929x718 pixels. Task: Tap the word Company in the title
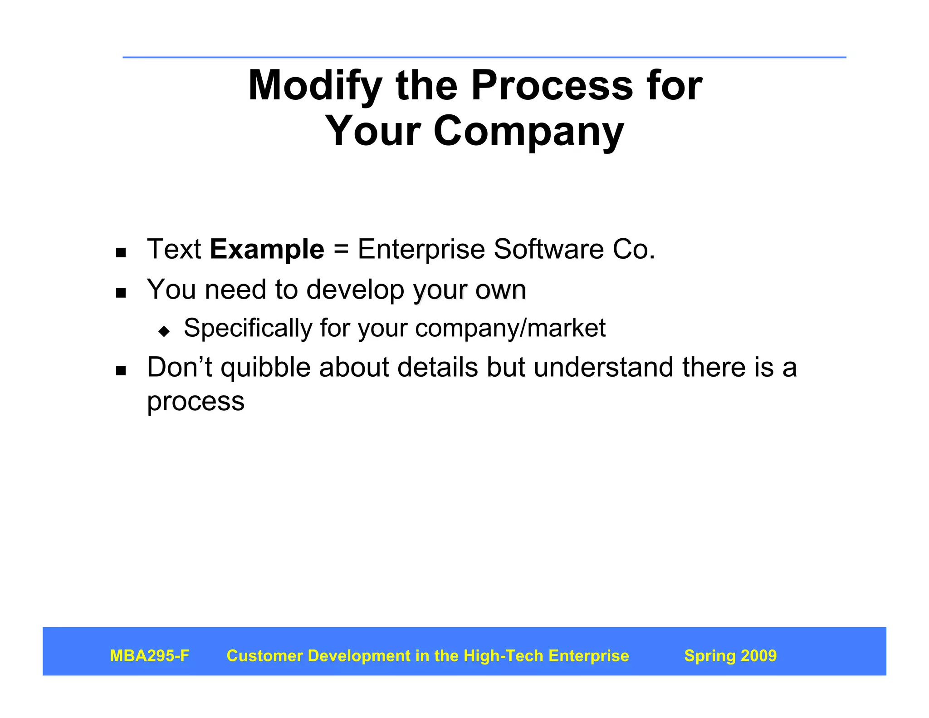(528, 132)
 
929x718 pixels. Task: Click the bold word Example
(267, 250)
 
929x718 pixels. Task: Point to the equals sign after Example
(341, 250)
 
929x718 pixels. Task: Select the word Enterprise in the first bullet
(421, 250)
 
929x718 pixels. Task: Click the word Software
(548, 249)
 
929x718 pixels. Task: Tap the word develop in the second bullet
(355, 290)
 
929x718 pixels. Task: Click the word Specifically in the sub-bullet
(248, 328)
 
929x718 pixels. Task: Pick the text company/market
(510, 328)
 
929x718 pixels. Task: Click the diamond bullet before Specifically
(164, 331)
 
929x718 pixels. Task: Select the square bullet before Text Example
(121, 253)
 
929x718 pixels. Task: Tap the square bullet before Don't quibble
(121, 371)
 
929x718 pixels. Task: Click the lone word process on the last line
(196, 402)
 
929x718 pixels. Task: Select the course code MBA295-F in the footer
(150, 656)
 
